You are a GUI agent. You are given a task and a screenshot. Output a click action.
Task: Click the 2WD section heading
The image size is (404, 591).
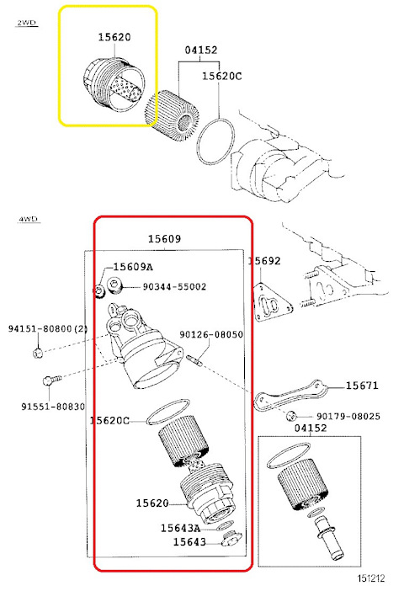(x=28, y=24)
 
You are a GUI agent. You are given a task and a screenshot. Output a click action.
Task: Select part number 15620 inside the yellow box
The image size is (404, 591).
(x=114, y=39)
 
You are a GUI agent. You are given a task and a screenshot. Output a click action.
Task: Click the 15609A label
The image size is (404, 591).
(x=133, y=267)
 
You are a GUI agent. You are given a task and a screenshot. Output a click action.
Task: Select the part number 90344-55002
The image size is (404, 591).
(x=174, y=287)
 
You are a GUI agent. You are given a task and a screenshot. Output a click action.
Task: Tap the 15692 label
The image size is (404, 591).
(x=264, y=261)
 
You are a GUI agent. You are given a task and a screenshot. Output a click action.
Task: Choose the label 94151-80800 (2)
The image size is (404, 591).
(x=48, y=328)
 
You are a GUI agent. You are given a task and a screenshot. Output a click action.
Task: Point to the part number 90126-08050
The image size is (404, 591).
(x=211, y=335)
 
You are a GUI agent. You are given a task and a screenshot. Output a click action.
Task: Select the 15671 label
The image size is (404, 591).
(x=362, y=386)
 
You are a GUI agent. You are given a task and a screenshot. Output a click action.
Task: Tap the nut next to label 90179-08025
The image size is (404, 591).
(x=290, y=417)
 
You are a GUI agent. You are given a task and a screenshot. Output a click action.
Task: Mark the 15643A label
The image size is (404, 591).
(x=181, y=528)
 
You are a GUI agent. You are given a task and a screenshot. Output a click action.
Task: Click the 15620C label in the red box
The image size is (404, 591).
(x=110, y=420)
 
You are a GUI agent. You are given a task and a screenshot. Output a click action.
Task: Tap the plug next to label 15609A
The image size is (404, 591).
(x=100, y=290)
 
